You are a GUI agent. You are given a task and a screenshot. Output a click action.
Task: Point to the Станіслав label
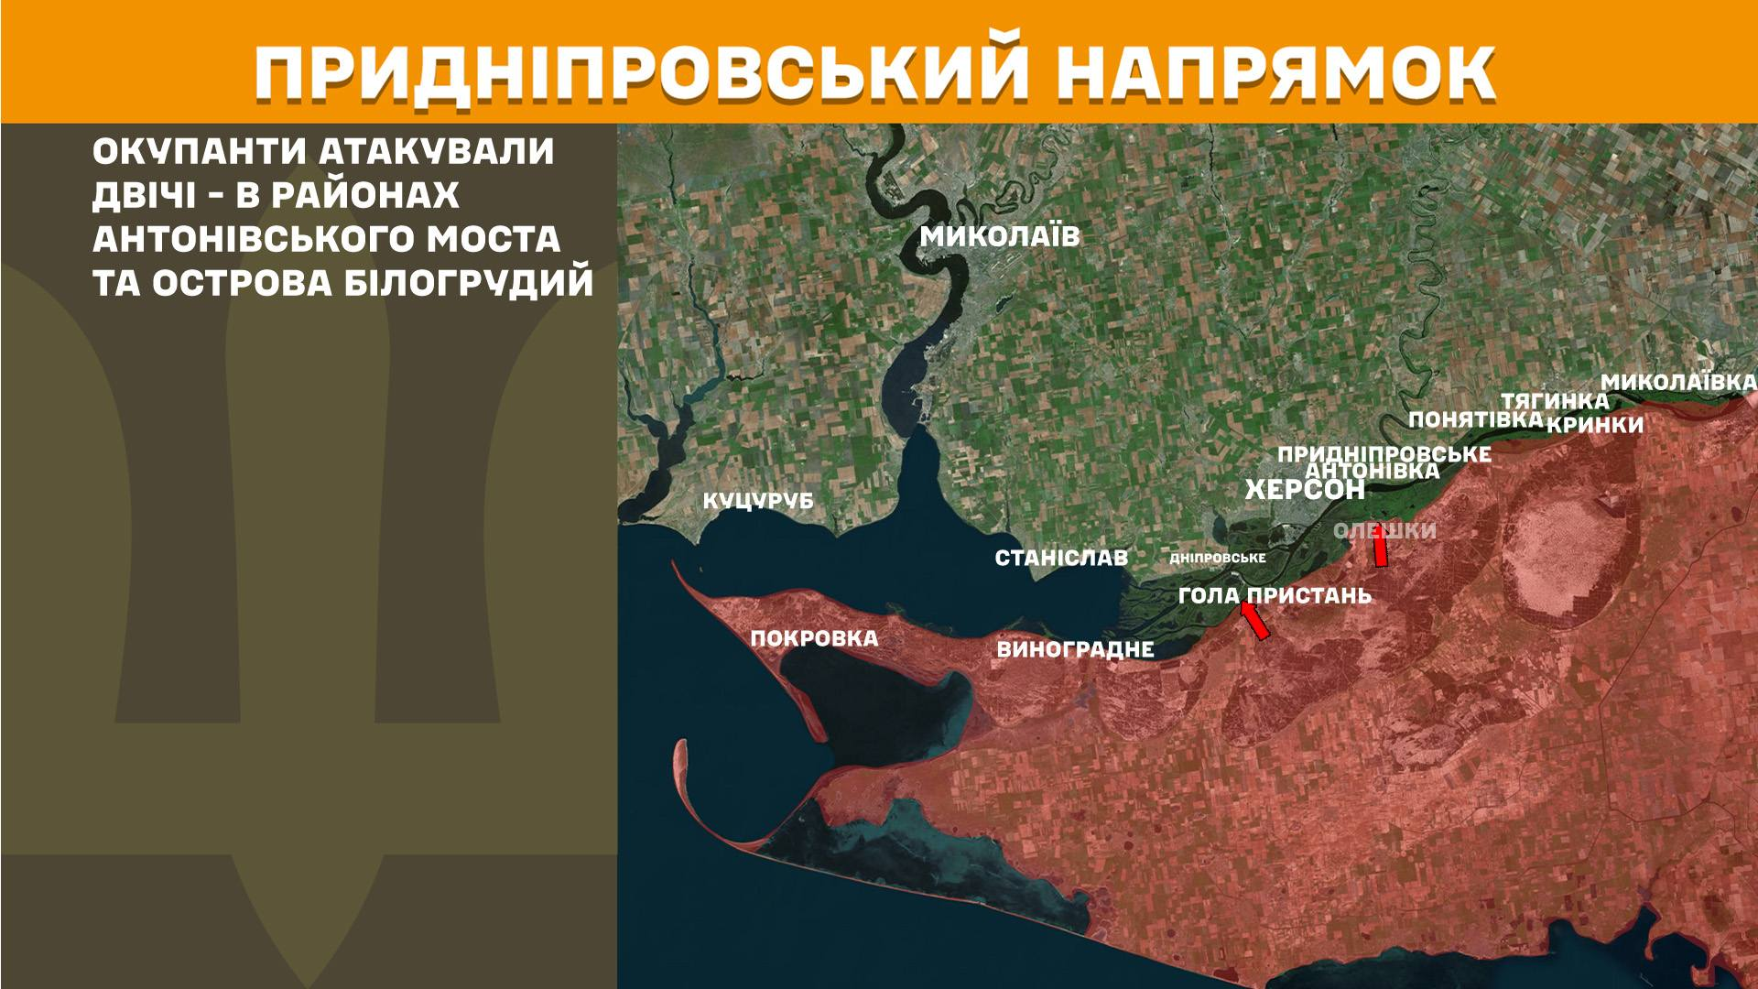(x=1061, y=558)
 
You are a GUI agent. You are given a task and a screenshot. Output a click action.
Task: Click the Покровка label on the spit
(x=814, y=638)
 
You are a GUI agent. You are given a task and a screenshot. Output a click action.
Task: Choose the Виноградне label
(x=1075, y=650)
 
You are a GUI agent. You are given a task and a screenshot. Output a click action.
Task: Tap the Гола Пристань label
(x=1275, y=596)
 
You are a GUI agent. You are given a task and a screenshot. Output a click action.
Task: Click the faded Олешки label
(x=1384, y=531)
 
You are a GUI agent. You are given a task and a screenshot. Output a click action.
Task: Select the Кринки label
(x=1595, y=426)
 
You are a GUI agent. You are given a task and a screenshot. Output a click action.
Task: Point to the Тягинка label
(x=1554, y=401)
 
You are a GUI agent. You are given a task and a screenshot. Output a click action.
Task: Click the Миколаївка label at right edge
(x=1678, y=382)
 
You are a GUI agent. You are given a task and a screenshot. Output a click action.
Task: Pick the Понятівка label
(x=1475, y=419)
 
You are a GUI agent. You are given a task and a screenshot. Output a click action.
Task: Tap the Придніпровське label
(x=1384, y=454)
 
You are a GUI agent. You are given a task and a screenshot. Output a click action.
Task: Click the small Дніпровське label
(x=1218, y=558)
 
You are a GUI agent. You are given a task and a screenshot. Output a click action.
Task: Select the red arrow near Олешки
(x=1379, y=549)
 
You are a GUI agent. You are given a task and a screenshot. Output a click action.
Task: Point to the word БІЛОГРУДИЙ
(x=469, y=284)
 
